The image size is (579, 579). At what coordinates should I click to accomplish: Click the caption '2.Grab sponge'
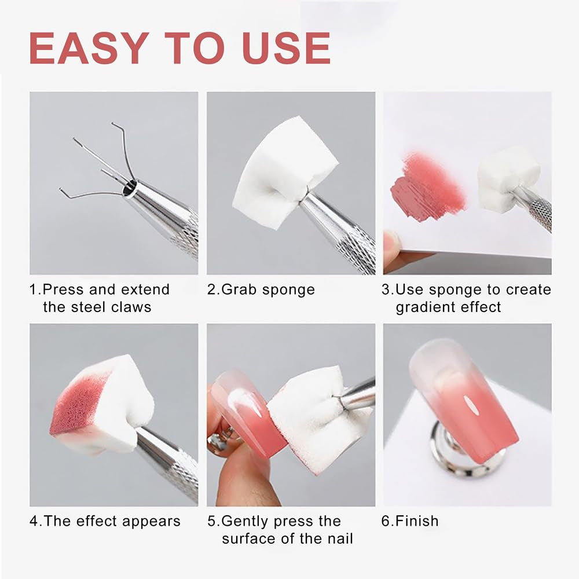pos(261,289)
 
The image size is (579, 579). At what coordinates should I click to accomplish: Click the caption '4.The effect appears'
pos(105,521)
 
